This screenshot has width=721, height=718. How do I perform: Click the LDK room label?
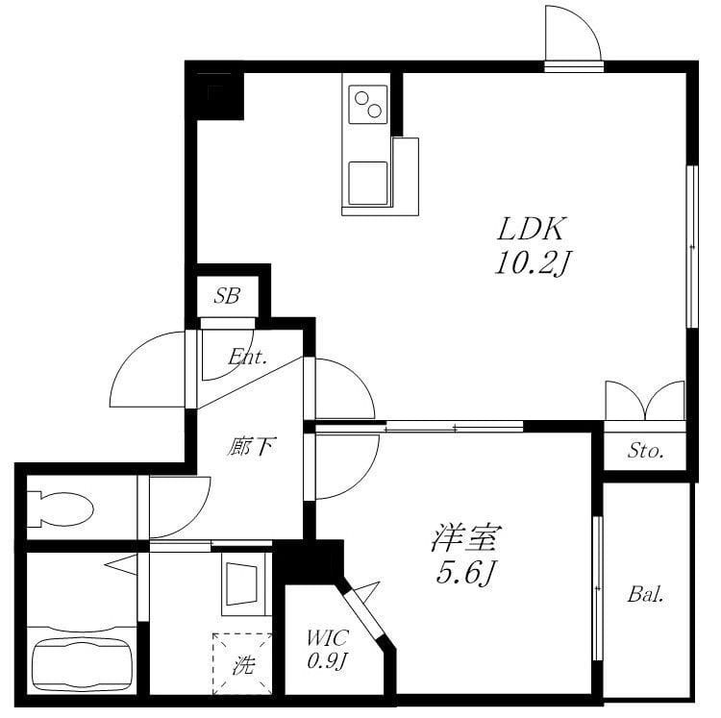[531, 230]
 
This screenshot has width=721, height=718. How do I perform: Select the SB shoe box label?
[227, 296]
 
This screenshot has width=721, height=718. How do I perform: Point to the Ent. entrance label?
[248, 357]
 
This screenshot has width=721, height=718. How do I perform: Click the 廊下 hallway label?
[252, 446]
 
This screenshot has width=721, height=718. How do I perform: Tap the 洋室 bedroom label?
[466, 537]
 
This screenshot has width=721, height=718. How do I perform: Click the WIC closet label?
[328, 638]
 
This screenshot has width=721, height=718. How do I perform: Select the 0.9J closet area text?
[327, 660]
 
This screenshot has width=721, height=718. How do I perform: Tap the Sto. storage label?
[646, 451]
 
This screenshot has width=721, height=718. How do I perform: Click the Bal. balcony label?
[646, 595]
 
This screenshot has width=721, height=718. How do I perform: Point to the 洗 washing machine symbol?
[242, 664]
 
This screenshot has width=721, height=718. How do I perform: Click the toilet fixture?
[61, 508]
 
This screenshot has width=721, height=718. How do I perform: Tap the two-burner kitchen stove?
[368, 105]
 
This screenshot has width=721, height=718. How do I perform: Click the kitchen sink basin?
[368, 184]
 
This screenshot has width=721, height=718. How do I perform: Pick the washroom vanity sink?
[240, 583]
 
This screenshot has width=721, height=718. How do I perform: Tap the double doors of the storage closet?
[645, 401]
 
